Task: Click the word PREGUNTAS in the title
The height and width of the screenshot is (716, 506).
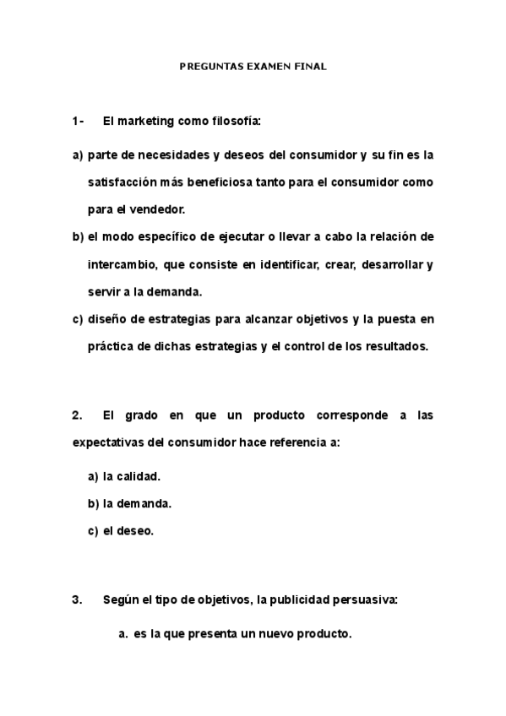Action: coord(208,64)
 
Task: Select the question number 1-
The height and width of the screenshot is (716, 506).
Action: coord(78,122)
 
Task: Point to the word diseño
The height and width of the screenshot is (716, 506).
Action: coord(106,319)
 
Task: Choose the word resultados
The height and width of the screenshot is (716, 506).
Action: coord(397,346)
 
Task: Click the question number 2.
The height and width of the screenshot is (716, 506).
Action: coord(77,415)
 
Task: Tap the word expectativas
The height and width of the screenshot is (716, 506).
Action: coord(108,442)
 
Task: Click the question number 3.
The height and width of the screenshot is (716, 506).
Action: coord(77,600)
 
